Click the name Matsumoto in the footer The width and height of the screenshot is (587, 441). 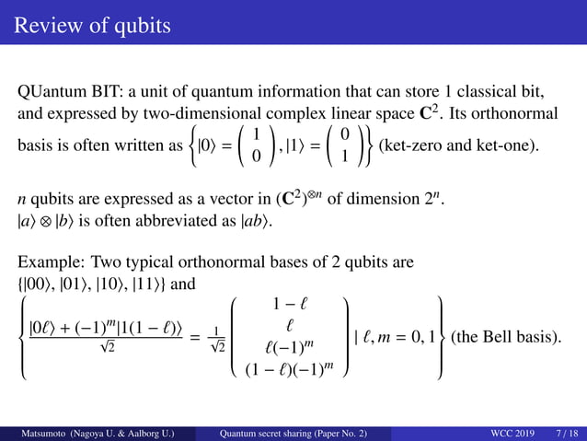(37, 432)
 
